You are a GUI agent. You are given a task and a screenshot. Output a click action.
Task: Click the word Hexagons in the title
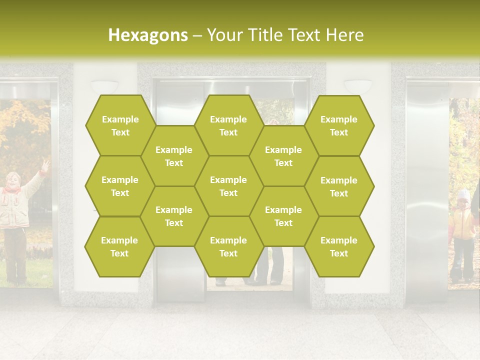click(148, 35)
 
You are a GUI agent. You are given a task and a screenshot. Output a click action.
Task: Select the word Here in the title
click(344, 35)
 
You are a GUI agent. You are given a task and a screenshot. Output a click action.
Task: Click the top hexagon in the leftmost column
click(120, 125)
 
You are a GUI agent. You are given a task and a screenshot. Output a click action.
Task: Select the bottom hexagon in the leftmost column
click(119, 246)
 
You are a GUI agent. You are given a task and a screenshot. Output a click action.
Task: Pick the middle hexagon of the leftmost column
click(120, 186)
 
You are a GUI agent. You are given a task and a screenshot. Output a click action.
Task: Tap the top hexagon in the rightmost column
click(339, 125)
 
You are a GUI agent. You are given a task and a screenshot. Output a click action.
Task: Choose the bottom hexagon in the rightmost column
click(339, 246)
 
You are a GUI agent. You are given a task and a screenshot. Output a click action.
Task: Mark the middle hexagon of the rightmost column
click(339, 186)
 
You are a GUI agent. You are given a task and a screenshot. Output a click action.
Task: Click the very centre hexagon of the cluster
click(228, 186)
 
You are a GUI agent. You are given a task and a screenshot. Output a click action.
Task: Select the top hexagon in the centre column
click(228, 125)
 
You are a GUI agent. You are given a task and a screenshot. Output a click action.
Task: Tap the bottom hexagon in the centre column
click(228, 246)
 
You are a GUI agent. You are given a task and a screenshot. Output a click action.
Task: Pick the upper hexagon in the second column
click(174, 156)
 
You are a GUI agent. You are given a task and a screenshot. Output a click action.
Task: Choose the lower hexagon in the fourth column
click(283, 216)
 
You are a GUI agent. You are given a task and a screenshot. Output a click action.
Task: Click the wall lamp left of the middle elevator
click(104, 86)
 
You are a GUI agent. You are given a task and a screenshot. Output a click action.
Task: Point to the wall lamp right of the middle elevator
click(358, 85)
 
